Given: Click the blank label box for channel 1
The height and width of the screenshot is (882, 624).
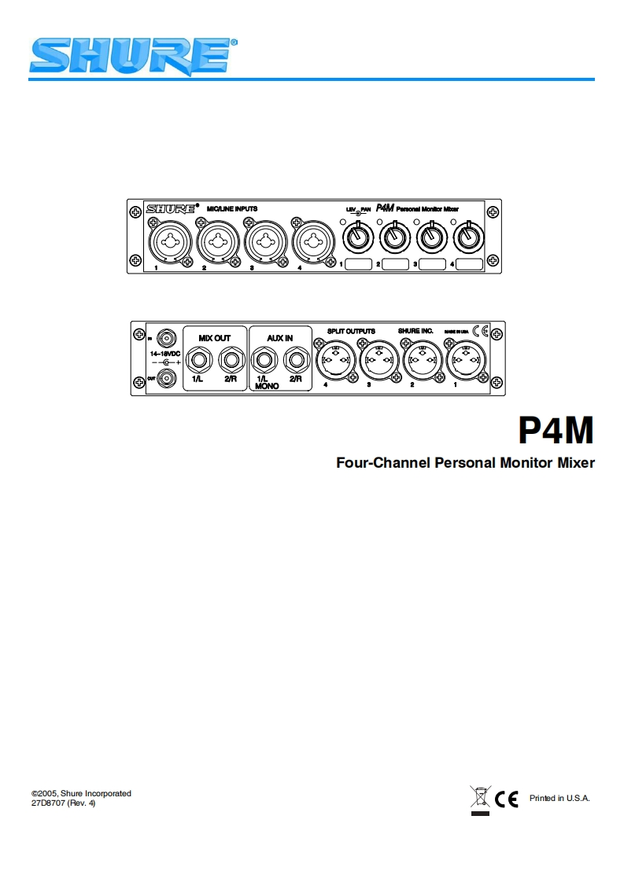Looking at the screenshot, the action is coord(358,266).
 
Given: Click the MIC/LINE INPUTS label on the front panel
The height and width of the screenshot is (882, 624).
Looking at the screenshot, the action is coord(232,208).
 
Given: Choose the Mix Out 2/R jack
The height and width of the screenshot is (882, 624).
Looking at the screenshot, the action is coord(230,362).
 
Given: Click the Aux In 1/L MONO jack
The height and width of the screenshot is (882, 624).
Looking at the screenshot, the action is coord(262,362).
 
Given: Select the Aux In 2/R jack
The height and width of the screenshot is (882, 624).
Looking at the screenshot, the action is coord(296,362).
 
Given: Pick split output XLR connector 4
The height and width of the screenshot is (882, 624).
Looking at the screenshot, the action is coord(334,362).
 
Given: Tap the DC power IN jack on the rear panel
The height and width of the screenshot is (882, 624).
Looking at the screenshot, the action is coord(167,339).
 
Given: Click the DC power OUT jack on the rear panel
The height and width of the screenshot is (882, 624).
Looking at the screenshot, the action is coord(167,379).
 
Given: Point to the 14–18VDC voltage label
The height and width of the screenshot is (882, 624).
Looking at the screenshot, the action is coord(166,354).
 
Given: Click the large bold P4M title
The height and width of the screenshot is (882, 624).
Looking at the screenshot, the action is coord(556,431).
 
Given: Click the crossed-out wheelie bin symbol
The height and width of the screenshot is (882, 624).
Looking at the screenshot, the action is coord(478,799).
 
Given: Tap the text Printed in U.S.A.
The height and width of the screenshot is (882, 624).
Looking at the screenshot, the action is coord(559,799).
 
